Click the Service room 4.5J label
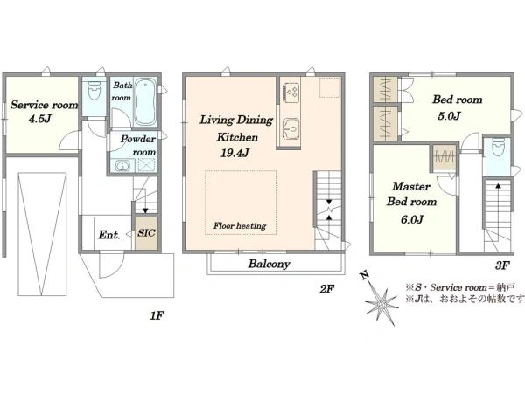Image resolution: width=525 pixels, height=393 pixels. click(44, 111)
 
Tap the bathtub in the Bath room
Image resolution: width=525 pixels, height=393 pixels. click(145, 101)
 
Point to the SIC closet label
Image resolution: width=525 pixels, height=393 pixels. click(146, 233)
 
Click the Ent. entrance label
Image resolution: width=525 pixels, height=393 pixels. click(109, 235)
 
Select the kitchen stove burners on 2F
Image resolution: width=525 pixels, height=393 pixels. click(290, 93)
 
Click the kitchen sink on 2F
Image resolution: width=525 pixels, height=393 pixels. click(290, 128)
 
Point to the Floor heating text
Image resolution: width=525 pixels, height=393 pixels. click(240, 226)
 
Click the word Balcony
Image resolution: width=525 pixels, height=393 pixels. click(269, 264)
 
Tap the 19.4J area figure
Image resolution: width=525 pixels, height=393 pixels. click(234, 153)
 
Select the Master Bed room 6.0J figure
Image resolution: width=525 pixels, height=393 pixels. click(412, 219)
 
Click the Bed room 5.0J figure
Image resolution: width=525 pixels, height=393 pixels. click(449, 116)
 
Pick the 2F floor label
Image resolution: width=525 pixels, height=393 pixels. click(326, 289)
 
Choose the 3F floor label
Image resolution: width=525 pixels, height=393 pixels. click(502, 265)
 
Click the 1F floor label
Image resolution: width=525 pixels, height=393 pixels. click(157, 315)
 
